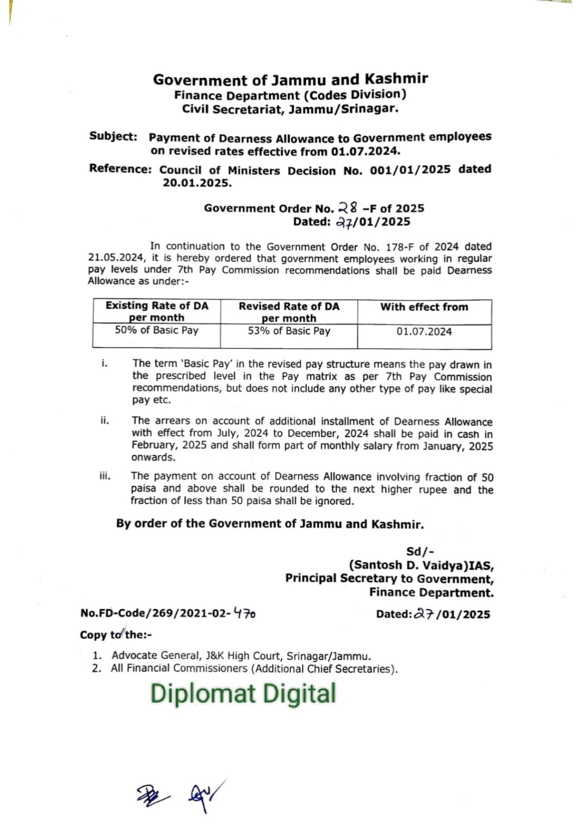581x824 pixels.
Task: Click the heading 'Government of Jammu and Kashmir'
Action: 290,79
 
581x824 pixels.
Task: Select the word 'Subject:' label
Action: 113,137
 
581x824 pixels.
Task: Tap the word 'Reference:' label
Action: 120,169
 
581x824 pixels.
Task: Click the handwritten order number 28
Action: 348,207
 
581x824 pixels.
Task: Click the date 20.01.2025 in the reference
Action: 197,183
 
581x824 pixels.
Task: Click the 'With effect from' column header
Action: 424,307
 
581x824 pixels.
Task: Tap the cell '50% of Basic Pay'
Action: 157,330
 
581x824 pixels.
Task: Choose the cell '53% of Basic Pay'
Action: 289,331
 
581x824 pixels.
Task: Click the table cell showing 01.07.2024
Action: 424,332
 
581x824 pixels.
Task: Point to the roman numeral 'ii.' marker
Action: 105,420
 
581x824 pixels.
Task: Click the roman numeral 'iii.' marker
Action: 105,476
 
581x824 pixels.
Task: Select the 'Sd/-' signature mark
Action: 420,552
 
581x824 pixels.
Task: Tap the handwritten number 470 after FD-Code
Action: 244,614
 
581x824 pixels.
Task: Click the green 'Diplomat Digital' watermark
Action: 243,693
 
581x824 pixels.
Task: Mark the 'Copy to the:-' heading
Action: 116,635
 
